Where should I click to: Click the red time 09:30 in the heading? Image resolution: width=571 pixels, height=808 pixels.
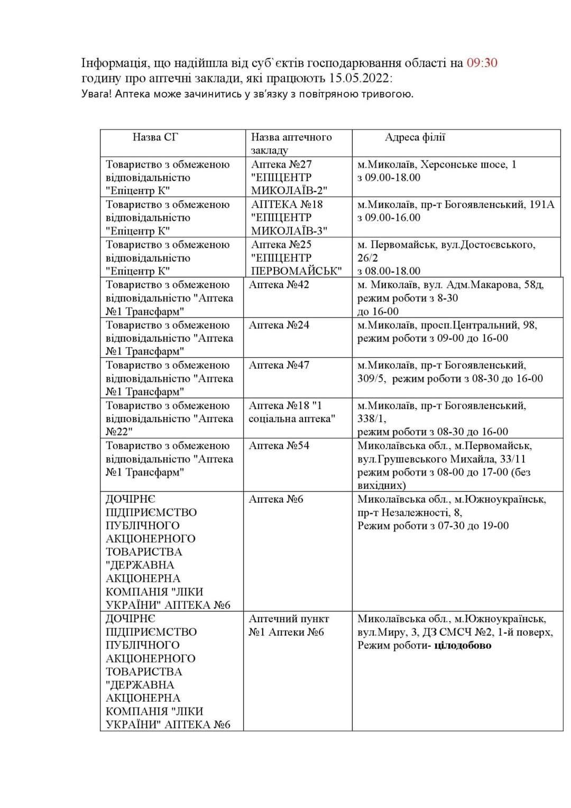482,63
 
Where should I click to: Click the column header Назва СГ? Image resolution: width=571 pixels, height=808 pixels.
155,137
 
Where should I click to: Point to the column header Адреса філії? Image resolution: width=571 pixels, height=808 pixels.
415,137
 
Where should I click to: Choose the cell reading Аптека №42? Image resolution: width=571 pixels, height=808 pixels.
279,285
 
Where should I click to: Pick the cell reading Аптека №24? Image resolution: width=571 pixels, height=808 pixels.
279,325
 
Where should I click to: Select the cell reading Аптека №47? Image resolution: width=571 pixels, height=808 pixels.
279,365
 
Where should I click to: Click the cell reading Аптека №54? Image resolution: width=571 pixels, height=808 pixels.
279,445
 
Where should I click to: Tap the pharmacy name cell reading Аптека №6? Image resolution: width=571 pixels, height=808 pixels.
276,499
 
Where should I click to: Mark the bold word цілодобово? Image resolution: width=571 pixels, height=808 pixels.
463,645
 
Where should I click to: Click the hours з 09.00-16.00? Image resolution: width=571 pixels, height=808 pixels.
389,217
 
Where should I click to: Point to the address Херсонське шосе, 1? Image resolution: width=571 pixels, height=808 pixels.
468,164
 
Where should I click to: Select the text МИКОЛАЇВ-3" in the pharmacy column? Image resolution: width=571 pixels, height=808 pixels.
289,231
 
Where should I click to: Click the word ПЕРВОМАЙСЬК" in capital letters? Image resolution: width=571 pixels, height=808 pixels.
296,271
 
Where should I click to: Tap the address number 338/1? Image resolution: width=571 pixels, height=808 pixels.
372,419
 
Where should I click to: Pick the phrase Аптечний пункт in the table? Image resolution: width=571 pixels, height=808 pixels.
289,619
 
